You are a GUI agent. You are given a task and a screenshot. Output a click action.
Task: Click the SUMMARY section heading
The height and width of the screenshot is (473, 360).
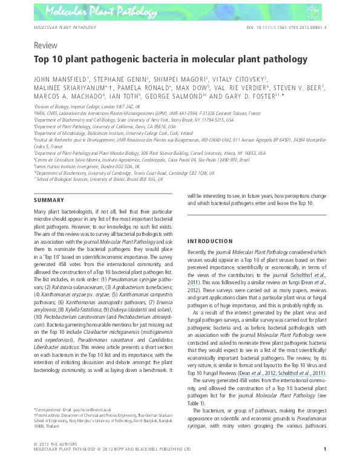49,200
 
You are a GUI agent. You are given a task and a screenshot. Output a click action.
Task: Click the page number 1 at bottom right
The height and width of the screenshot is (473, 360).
325,466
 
